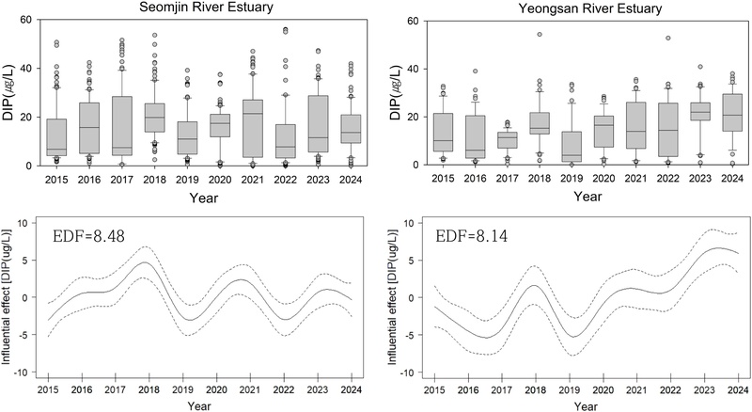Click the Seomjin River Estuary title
pos(189,8)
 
